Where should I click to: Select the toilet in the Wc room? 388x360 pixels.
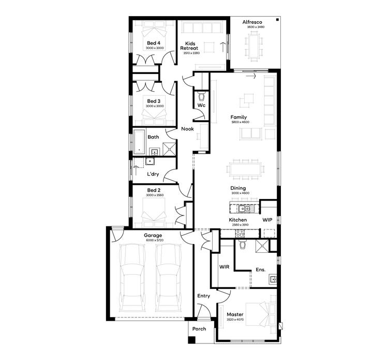202,97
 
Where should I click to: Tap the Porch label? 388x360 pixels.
199,329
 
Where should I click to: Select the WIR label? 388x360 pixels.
224,267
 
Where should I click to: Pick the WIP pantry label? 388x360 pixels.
267,220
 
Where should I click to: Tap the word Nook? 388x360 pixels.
187,129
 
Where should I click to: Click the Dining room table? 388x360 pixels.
246,168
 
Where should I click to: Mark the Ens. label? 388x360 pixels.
261,269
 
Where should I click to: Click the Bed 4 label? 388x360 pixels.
153,43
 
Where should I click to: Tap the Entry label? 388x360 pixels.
204,296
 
